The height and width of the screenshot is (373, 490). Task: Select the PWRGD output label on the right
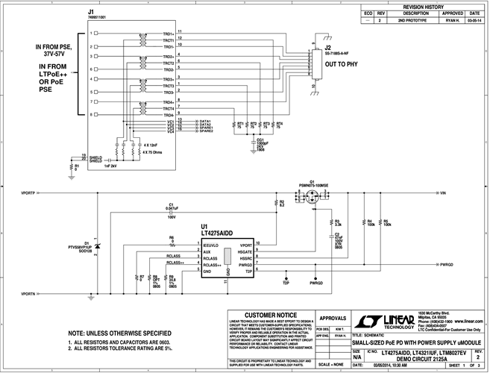tap(445, 265)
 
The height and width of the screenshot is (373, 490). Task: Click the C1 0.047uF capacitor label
tap(171, 206)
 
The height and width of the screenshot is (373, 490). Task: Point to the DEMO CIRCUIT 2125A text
tap(418, 358)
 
